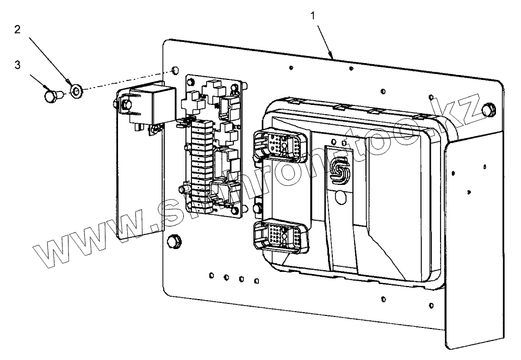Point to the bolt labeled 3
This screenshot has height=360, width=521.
pos(51,97)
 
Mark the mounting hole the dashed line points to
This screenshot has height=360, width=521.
pos(174,71)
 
